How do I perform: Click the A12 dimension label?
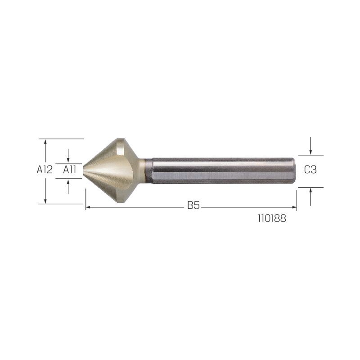click(x=45, y=170)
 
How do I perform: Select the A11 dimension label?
click(x=69, y=170)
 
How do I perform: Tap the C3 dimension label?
click(x=310, y=170)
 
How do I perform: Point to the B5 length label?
click(x=193, y=205)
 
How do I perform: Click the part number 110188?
click(x=272, y=218)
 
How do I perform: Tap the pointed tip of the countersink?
click(x=84, y=171)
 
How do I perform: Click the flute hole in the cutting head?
click(x=120, y=149)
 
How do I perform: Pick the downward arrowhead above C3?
click(x=310, y=152)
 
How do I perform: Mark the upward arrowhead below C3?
click(x=310, y=190)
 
